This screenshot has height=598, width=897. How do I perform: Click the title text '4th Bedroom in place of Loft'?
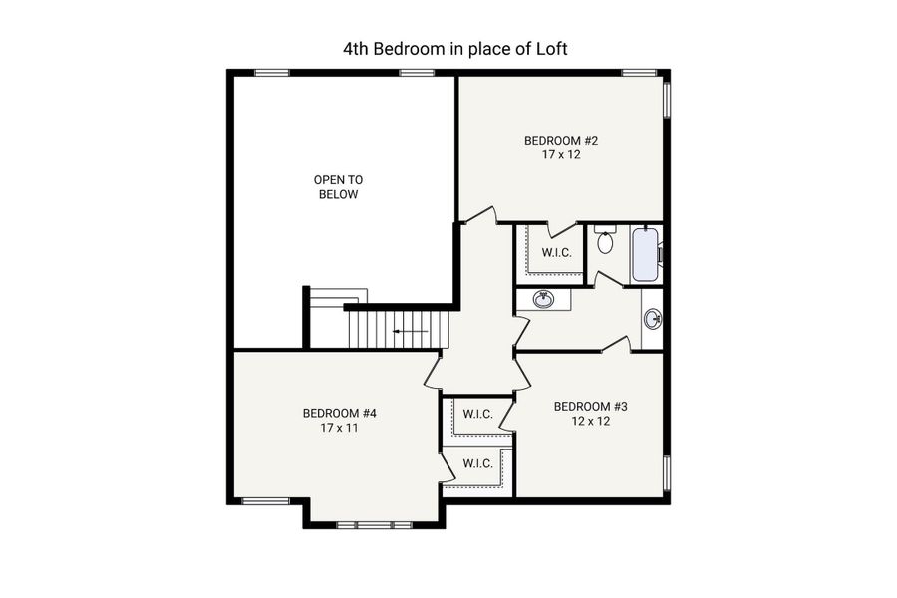pyautogui.click(x=454, y=48)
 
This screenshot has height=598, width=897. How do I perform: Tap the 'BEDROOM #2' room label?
pyautogui.click(x=561, y=141)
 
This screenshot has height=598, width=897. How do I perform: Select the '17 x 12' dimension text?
pyautogui.click(x=561, y=156)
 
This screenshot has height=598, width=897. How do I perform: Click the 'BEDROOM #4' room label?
pyautogui.click(x=340, y=413)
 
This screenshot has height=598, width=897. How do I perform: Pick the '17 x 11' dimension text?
pyautogui.click(x=340, y=428)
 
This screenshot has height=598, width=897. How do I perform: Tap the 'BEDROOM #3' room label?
pyautogui.click(x=590, y=406)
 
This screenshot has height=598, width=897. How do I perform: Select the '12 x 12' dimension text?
pyautogui.click(x=590, y=421)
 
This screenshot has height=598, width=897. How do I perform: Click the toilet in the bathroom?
pyautogui.click(x=605, y=240)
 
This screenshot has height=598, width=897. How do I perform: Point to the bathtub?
pyautogui.click(x=645, y=255)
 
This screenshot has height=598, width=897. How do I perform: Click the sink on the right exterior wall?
pyautogui.click(x=653, y=320)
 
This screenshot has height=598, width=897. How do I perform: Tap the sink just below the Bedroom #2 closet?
pyautogui.click(x=543, y=298)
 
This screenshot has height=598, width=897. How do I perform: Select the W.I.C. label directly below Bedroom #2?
pyautogui.click(x=556, y=253)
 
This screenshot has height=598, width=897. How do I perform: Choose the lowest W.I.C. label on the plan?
pyautogui.click(x=478, y=463)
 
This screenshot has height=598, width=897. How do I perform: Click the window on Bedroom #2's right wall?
pyautogui.click(x=667, y=100)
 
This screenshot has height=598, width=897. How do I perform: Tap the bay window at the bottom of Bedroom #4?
pyautogui.click(x=374, y=524)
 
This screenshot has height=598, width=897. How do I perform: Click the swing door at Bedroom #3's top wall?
pyautogui.click(x=616, y=345)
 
